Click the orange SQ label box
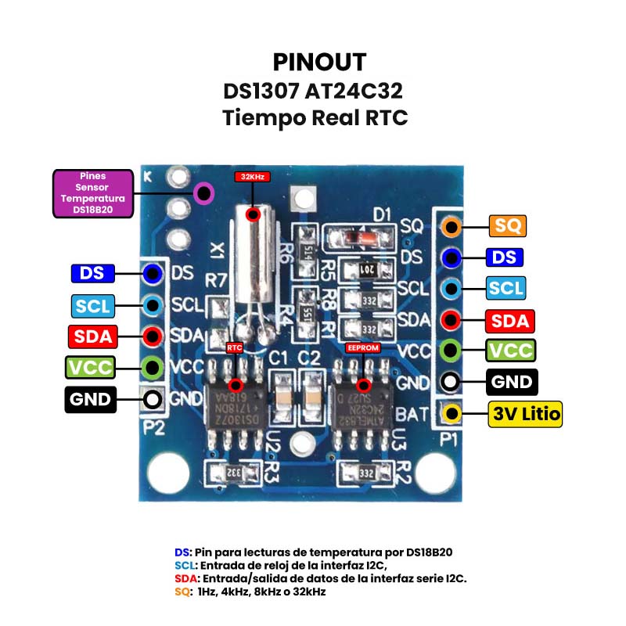(507, 226)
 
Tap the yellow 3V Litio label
(526, 413)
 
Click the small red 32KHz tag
(252, 177)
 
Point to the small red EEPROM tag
(362, 347)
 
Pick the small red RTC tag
(235, 347)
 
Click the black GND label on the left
(90, 400)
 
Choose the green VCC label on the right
(510, 350)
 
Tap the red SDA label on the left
(92, 336)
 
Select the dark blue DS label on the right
(505, 257)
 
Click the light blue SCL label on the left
(92, 304)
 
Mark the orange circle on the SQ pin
(450, 227)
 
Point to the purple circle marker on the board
(204, 192)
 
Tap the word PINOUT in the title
(319, 62)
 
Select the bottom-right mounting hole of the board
(434, 473)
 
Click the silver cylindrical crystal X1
(253, 258)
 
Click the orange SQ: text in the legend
(182, 592)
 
